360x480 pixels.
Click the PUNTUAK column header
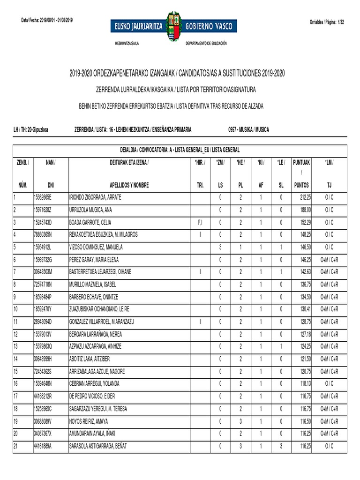click(x=301, y=163)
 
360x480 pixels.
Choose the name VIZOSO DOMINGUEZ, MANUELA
click(x=96, y=247)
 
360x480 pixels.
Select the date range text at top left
click(x=47, y=20)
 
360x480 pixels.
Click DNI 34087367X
click(x=43, y=434)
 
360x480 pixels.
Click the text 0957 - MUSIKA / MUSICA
click(x=248, y=129)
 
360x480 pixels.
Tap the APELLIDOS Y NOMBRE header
click(x=129, y=185)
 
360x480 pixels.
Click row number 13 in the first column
click(x=15, y=346)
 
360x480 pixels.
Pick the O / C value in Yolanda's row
click(x=329, y=384)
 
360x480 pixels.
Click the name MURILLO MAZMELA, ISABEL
click(x=92, y=284)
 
